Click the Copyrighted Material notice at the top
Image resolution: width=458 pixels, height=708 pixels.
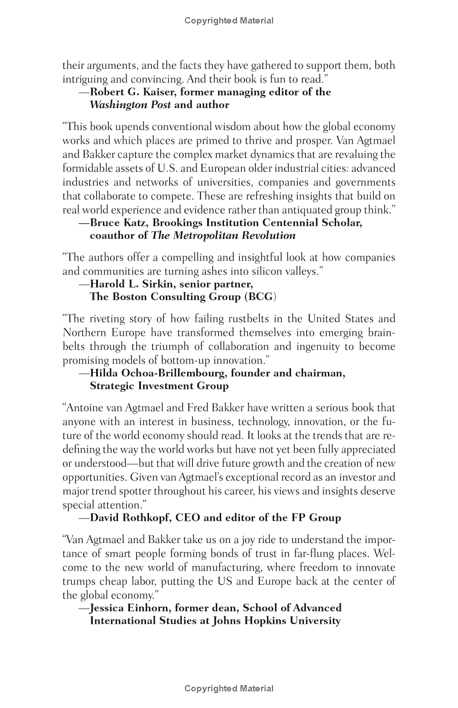pyautogui.click(x=229, y=21)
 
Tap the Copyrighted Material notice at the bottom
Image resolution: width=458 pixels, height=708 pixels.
pyautogui.click(x=229, y=689)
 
